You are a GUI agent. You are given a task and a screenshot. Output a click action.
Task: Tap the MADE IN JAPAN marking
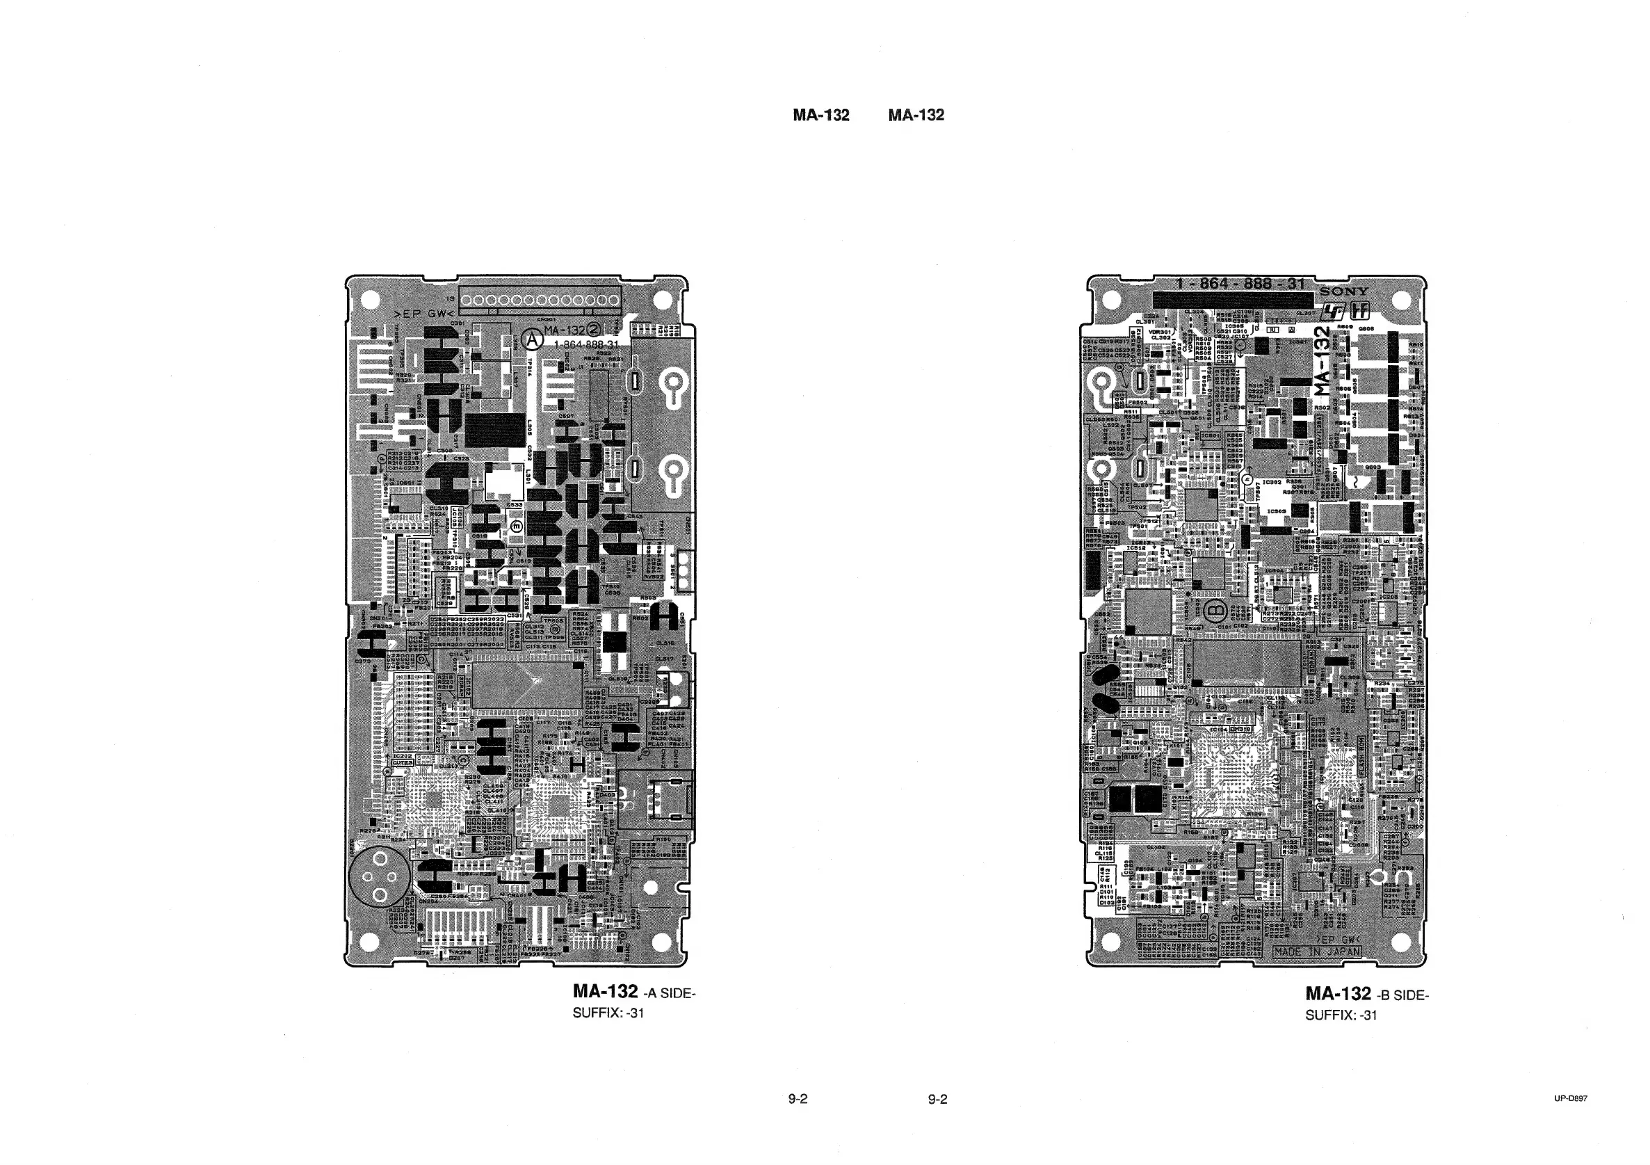click(1317, 951)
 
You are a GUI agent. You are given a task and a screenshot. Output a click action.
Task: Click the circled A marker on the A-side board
click(532, 339)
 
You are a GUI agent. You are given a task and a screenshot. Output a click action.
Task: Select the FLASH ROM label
click(1359, 760)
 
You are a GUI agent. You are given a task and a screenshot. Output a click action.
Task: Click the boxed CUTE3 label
click(403, 763)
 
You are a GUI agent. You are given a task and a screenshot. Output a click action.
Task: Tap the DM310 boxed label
click(1240, 730)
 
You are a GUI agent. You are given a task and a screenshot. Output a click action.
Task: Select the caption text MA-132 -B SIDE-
click(1366, 994)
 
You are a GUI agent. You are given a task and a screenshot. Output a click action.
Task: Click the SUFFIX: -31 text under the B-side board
click(1341, 1015)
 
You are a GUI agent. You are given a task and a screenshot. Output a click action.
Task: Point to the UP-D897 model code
click(1570, 1098)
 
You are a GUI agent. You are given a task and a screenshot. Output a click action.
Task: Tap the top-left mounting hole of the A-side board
click(369, 298)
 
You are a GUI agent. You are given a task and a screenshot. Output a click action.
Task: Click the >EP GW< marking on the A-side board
click(424, 314)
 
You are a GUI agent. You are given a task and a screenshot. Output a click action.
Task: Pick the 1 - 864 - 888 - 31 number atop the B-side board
click(1240, 284)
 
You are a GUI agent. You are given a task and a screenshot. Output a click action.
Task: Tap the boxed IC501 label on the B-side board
click(1210, 435)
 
